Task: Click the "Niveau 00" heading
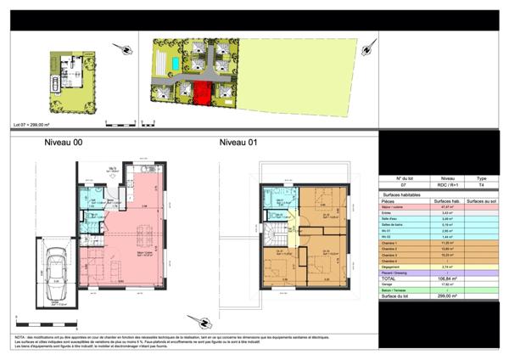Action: [x=62, y=143]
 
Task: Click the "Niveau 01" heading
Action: [x=238, y=143]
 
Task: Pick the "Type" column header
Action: [x=481, y=178]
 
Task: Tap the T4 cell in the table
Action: [x=481, y=184]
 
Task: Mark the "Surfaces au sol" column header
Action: [x=481, y=200]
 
